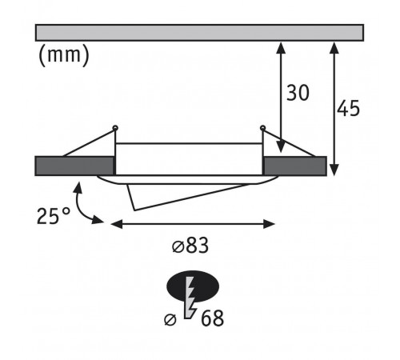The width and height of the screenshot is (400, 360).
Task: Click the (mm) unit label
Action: click(x=64, y=55)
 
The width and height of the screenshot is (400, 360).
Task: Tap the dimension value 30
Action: click(x=298, y=93)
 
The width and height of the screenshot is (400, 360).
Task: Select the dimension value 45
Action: click(x=348, y=109)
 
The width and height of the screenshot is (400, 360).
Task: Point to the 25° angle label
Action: click(x=54, y=216)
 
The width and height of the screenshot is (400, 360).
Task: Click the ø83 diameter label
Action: click(x=190, y=246)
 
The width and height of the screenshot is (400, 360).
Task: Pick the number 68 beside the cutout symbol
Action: click(x=212, y=318)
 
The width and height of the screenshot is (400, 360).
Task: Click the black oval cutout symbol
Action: click(x=193, y=286)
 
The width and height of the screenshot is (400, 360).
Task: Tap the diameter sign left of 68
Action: click(x=170, y=319)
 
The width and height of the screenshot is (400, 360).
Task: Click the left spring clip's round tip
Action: click(x=115, y=128)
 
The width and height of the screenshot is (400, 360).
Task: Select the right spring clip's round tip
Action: click(x=262, y=128)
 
